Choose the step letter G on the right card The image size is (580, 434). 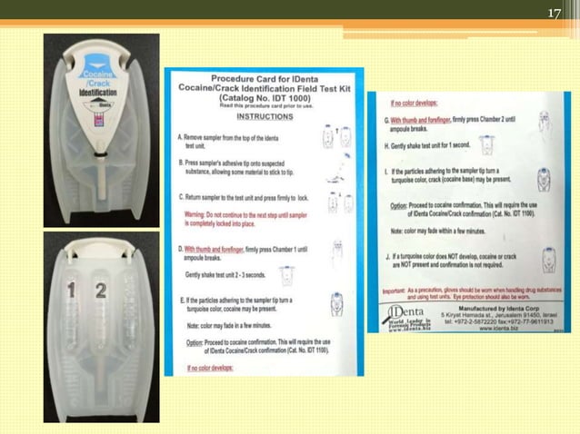point(387,120)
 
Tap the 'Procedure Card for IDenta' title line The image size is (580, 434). point(264,79)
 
